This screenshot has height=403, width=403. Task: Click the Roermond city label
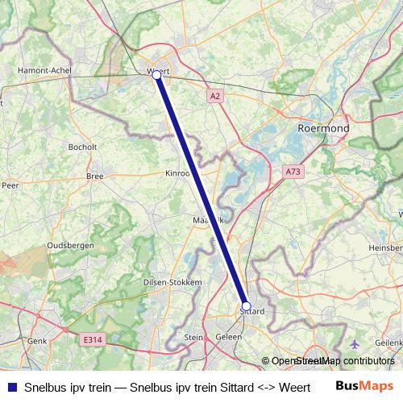[323, 128]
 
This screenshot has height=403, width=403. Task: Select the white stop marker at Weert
[157, 76]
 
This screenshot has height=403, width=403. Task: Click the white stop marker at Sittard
[247, 306]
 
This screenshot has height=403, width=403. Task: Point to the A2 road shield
[214, 96]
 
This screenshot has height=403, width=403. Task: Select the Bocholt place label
[83, 147]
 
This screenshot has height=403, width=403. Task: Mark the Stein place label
[193, 338]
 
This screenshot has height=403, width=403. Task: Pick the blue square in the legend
[10, 386]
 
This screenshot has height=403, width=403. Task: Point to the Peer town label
[10, 185]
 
